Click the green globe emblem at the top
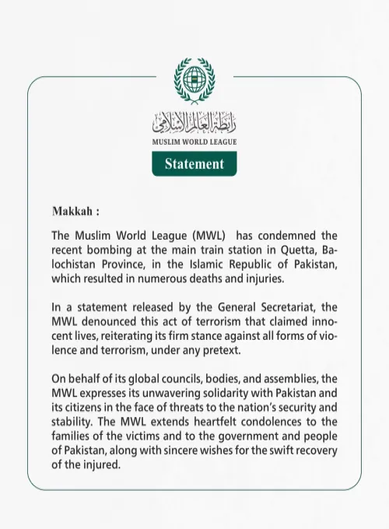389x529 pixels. [194, 79]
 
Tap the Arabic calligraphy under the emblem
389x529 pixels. [194, 122]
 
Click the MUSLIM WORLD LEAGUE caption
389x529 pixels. [194, 142]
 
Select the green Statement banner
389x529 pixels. [194, 163]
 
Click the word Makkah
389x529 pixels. [72, 212]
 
